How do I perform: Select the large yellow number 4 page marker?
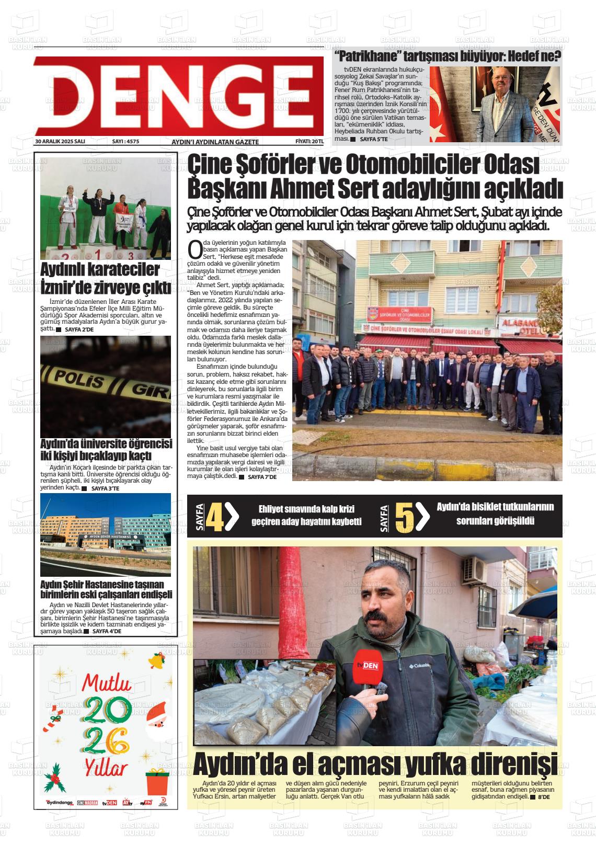215,517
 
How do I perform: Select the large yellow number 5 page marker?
405,517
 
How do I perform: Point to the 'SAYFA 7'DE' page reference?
262,477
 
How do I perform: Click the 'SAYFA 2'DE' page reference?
79,330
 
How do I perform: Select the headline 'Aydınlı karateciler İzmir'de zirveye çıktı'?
106,279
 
